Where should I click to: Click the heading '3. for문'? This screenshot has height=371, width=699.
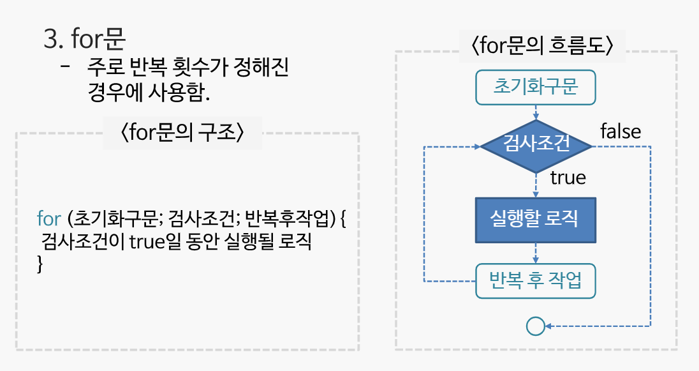[x=84, y=40]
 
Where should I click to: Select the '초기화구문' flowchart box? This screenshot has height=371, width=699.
[x=536, y=87]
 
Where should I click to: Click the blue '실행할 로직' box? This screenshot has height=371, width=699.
[x=536, y=220]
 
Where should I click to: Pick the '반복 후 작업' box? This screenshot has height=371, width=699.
[x=536, y=281]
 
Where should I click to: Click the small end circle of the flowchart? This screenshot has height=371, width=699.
[x=535, y=326]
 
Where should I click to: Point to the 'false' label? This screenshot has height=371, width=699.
[x=621, y=131]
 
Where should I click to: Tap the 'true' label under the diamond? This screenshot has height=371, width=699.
[x=568, y=178]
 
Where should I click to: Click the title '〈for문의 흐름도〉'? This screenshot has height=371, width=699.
[x=542, y=47]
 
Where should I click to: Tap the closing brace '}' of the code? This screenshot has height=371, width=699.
[x=40, y=264]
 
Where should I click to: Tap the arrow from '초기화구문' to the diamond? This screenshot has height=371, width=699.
[x=536, y=112]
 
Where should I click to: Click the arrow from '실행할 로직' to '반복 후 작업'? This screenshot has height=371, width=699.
[x=536, y=254]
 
